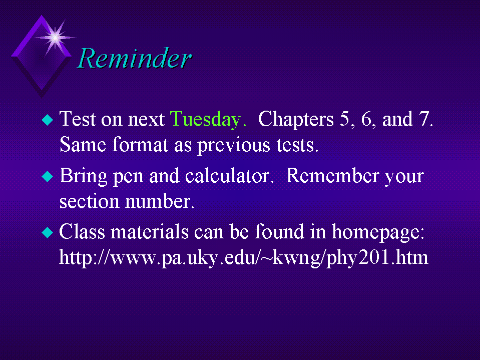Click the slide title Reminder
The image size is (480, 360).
[x=134, y=58]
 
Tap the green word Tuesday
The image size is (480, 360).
[x=206, y=120]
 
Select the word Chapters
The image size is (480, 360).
[x=296, y=120]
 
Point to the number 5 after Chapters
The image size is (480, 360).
[x=344, y=119]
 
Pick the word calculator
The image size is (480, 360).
[x=227, y=176]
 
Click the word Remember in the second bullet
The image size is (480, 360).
[x=332, y=176]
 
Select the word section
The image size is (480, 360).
[x=89, y=201]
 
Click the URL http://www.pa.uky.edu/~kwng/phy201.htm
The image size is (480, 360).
[x=243, y=258]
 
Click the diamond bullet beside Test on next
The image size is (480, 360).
[x=48, y=119]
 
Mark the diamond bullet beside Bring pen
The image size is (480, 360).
[x=48, y=176]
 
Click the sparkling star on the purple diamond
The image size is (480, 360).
[x=55, y=38]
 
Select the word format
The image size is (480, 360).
[x=140, y=145]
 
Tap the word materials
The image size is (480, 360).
[x=149, y=232]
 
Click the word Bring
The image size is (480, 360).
[x=83, y=177]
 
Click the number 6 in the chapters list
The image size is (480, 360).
[x=366, y=119]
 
